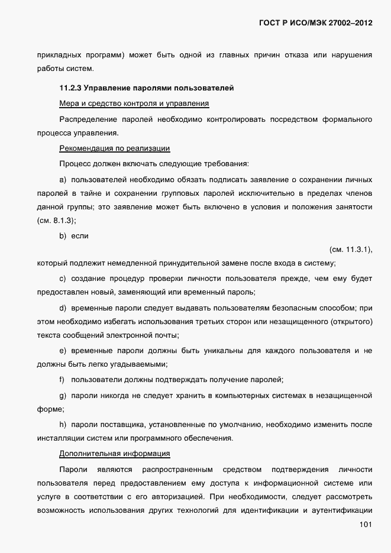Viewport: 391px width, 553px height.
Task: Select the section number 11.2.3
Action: pos(70,89)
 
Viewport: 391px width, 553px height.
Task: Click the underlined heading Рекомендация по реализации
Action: pos(115,148)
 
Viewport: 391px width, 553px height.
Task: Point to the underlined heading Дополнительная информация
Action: pos(115,454)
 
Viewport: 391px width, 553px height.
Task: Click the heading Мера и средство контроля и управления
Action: pos(134,104)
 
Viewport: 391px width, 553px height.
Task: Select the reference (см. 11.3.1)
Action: pos(350,249)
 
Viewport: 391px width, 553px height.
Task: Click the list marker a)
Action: pos(63,179)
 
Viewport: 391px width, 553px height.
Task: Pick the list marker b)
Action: pos(63,236)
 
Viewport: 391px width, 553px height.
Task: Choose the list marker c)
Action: pos(63,279)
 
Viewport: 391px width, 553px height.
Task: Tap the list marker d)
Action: pos(63,308)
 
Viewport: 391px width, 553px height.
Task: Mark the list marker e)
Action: pos(63,351)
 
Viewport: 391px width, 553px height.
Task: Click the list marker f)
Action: pos(62,379)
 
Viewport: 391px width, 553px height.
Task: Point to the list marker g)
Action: pos(63,394)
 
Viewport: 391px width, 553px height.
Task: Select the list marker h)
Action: pos(63,424)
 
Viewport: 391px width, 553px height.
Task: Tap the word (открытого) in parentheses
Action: pos(350,322)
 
